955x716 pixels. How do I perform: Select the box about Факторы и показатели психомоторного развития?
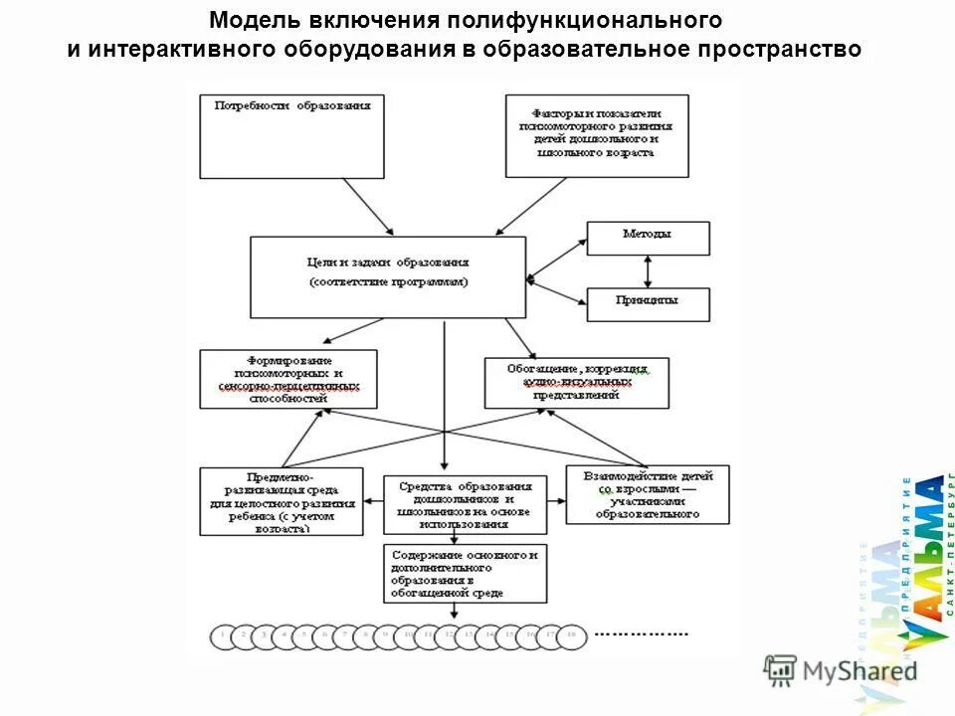point(596,135)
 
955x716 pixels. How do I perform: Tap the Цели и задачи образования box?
point(388,275)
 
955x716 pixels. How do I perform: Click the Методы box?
point(648,238)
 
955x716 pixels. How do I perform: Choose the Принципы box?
point(648,304)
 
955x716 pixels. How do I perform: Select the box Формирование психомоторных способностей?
point(288,379)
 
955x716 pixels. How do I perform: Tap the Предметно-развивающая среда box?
point(283,501)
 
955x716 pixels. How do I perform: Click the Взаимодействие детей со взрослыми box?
point(647,494)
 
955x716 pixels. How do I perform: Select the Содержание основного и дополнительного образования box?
point(465,573)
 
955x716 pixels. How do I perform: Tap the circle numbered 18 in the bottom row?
point(570,633)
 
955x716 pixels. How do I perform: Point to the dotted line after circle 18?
point(641,633)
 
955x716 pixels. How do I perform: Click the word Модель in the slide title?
point(253,21)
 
